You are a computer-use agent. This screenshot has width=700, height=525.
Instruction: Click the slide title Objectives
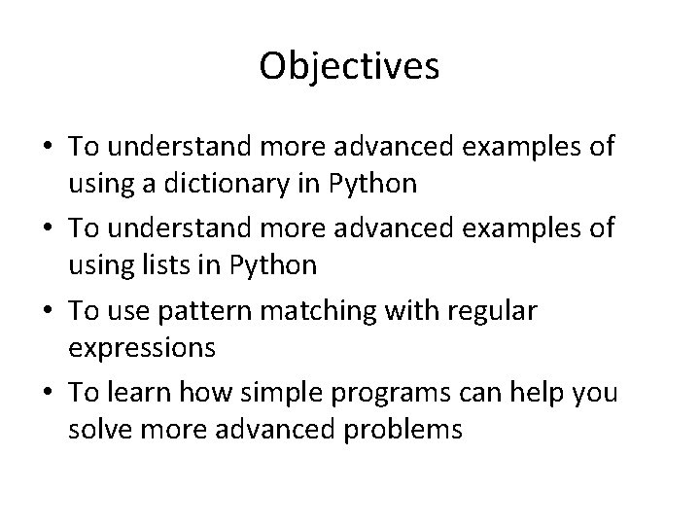[350, 66]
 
